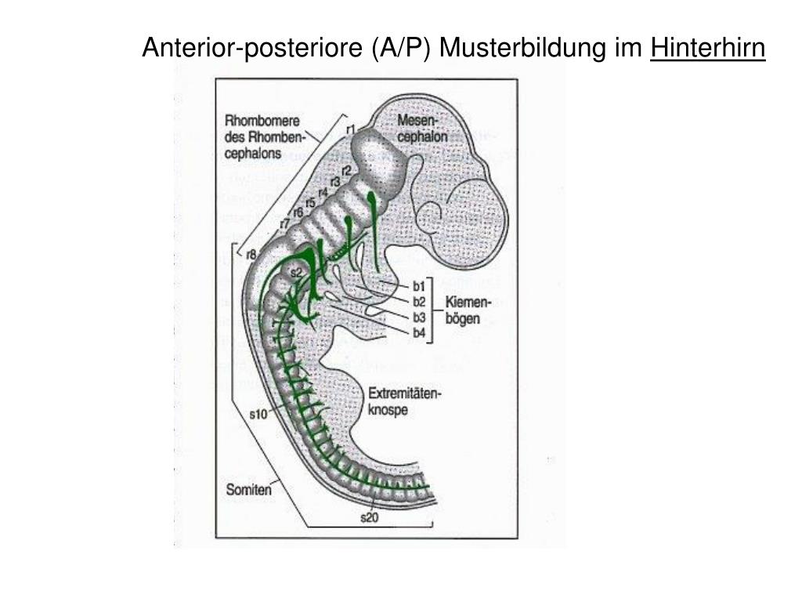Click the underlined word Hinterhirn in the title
point(708,49)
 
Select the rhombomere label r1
point(350,129)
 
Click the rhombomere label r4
point(322,193)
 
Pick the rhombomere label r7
point(285,223)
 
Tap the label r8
point(251,254)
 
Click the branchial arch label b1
point(419,285)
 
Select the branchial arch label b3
point(419,317)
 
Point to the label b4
point(419,333)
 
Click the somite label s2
point(296,273)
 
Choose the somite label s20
point(369,517)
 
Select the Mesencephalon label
point(422,128)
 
